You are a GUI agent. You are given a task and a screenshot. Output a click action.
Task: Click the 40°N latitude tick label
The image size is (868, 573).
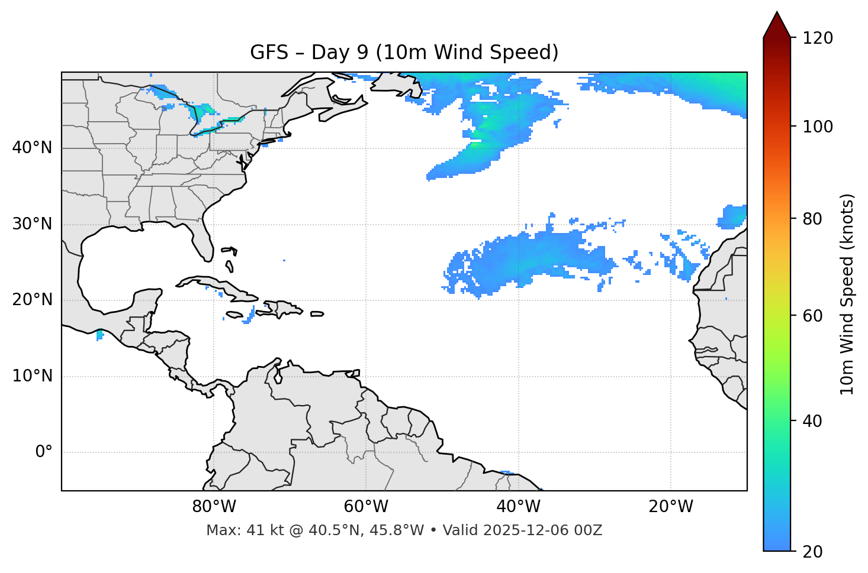[32, 148]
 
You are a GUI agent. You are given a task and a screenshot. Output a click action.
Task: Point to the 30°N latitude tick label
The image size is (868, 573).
[32, 224]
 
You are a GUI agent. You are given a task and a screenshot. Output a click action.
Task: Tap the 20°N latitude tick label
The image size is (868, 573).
[32, 300]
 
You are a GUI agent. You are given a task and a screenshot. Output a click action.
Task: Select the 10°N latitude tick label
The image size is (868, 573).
[32, 376]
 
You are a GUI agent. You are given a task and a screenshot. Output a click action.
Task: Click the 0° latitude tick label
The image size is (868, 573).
[44, 452]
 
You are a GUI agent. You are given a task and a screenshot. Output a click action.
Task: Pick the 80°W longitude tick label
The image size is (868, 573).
[214, 507]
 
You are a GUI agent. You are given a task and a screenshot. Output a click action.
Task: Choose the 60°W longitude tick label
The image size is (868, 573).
[366, 507]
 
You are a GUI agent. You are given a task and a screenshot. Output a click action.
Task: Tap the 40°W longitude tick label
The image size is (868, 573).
[519, 507]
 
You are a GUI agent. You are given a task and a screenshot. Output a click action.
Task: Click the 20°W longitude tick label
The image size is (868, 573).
[671, 507]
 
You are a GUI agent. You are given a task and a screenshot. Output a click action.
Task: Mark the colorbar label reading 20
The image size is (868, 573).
[812, 552]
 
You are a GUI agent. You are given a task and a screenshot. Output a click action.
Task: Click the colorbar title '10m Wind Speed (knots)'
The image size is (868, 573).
[847, 294]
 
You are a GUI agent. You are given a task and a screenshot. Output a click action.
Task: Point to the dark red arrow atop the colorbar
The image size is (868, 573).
[777, 25]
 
